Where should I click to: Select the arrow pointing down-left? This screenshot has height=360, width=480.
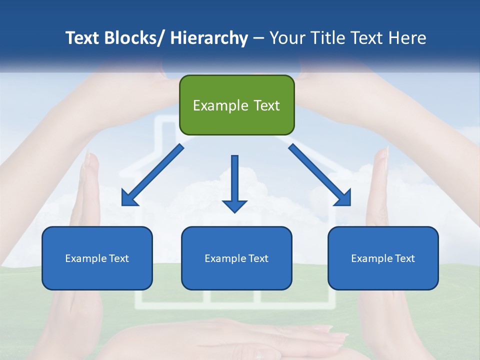point(152,175)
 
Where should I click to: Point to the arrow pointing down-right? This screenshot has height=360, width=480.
point(320,175)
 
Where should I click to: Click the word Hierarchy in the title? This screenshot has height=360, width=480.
point(209,38)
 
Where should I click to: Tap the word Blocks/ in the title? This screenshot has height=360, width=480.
point(135,38)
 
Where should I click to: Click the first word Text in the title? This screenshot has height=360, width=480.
point(83,38)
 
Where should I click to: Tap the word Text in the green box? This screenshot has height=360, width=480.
point(266,105)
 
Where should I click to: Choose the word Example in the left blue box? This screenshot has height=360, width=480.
point(85,258)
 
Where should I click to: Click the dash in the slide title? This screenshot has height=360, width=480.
point(259,38)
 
